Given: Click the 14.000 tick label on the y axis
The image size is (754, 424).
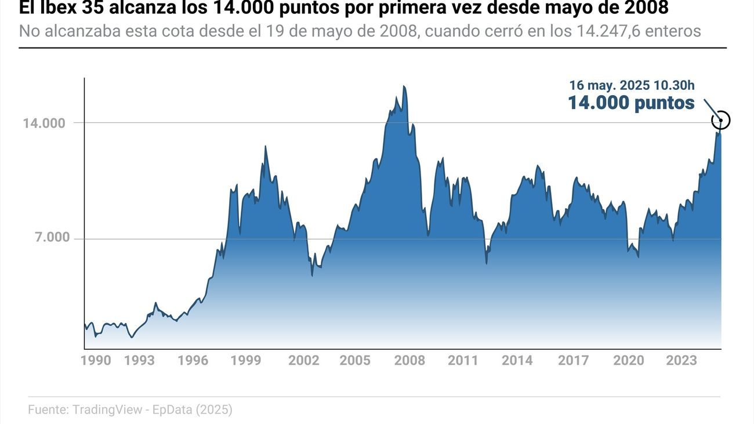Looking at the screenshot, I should (x=45, y=123).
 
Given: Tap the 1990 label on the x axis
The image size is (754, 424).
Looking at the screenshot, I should (x=96, y=360).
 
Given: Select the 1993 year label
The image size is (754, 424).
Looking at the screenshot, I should (x=139, y=360).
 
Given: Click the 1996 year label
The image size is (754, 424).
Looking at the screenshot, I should (x=193, y=360).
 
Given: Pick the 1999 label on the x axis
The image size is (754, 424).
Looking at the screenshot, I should (x=246, y=360).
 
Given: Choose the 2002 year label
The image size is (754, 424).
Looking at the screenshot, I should (x=304, y=360).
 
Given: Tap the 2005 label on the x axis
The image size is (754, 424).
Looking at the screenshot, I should (x=355, y=360).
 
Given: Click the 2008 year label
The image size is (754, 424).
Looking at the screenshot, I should (x=409, y=360).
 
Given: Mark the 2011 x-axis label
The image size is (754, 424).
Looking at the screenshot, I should (x=463, y=360).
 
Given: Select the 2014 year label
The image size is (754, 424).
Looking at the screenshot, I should (x=517, y=360).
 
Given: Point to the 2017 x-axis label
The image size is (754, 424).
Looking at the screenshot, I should (x=574, y=360).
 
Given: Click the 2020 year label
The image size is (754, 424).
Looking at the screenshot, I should (x=629, y=360).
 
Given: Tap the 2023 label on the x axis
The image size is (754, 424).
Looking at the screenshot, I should (x=681, y=360).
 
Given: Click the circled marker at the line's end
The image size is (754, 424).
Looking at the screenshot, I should (x=721, y=120).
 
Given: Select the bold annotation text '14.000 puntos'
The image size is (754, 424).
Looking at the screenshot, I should (x=630, y=103).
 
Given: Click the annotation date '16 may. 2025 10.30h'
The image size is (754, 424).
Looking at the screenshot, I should (x=631, y=85).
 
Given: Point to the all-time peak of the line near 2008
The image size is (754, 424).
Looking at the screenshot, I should (x=404, y=86).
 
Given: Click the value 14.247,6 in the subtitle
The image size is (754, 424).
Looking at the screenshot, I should (x=612, y=31).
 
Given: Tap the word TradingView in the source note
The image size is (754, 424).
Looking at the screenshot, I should (x=107, y=409).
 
